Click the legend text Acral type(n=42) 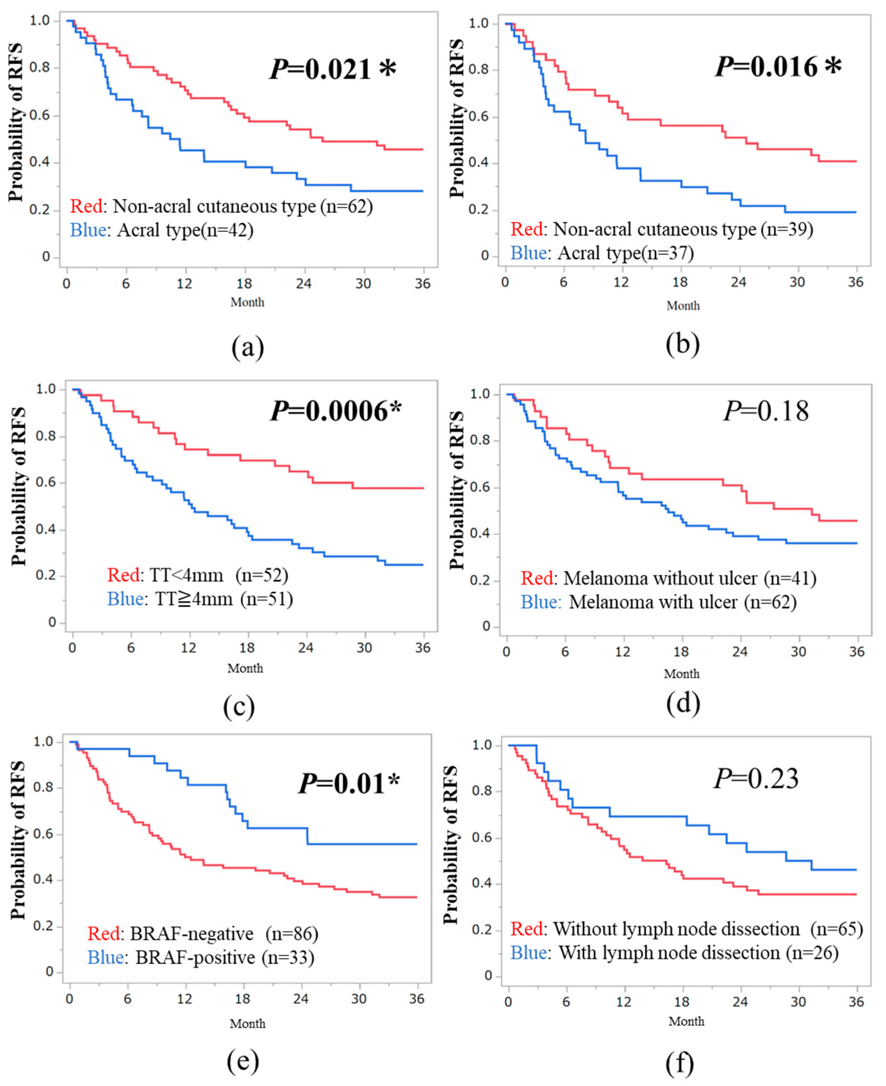click(x=162, y=230)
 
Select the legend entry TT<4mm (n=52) click(x=198, y=575)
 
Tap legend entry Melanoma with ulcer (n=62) click(x=658, y=603)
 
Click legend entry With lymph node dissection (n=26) click(x=675, y=953)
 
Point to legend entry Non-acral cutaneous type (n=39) click(x=662, y=229)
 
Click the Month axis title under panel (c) click(x=245, y=668)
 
